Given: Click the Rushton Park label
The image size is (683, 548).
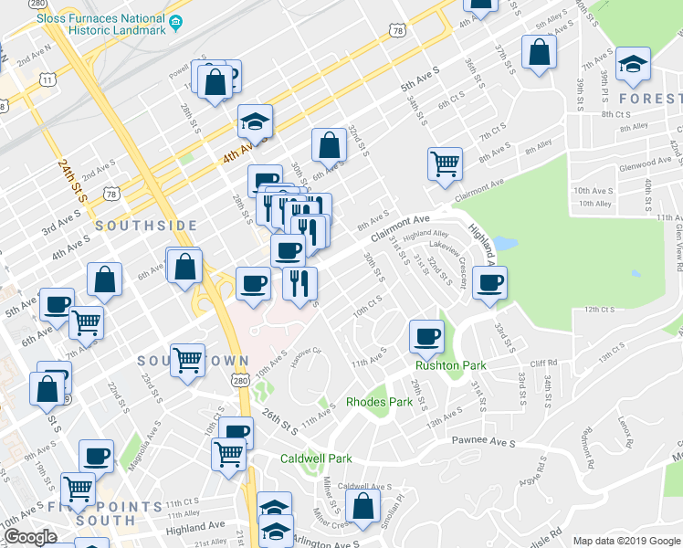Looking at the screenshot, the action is pos(450,366).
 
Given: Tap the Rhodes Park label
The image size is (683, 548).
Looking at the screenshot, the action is pos(380,402).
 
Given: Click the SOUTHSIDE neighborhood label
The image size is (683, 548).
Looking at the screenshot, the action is pos(146,225).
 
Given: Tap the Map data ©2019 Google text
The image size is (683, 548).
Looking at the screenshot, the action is pos(626,541).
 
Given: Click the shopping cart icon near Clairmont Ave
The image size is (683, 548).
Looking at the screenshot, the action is pos(445,164).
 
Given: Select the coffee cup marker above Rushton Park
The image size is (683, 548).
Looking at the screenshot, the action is pos(426,336).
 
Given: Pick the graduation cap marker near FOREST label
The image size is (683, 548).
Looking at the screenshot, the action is pos(633,64).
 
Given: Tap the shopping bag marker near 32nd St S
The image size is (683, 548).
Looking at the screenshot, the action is pos(329,143).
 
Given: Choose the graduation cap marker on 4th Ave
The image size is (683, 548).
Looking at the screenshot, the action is pos(256,121).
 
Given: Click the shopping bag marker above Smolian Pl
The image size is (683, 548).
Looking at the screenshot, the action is pos(363,508).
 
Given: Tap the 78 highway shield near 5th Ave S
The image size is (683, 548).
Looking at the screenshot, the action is pos(396,31).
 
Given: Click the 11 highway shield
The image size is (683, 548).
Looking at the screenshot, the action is pos(47,80).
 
